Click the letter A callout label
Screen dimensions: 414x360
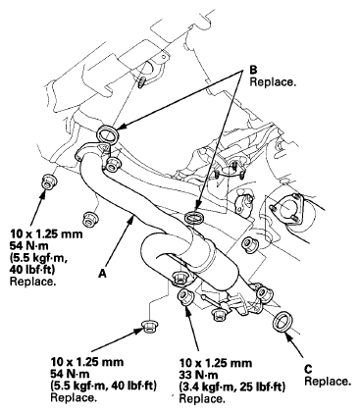pyautogui.click(x=102, y=276)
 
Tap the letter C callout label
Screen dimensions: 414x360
pyautogui.click(x=308, y=368)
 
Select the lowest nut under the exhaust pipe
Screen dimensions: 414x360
pyautogui.click(x=150, y=325)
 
